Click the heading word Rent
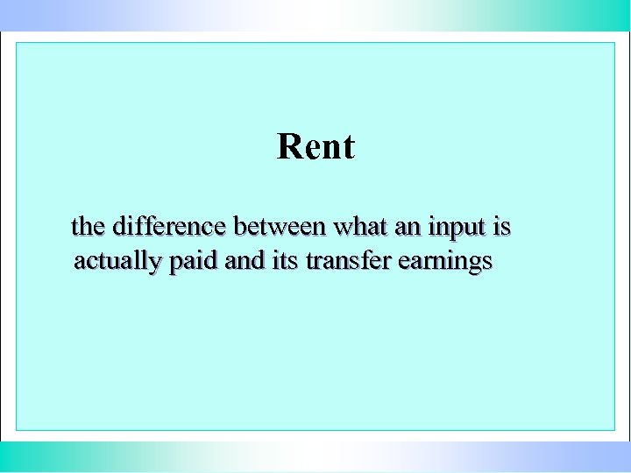click(x=315, y=146)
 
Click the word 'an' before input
click(x=408, y=227)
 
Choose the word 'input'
click(x=457, y=228)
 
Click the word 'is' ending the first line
click(x=502, y=227)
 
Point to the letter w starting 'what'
click(x=340, y=228)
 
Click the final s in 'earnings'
click(x=486, y=262)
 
